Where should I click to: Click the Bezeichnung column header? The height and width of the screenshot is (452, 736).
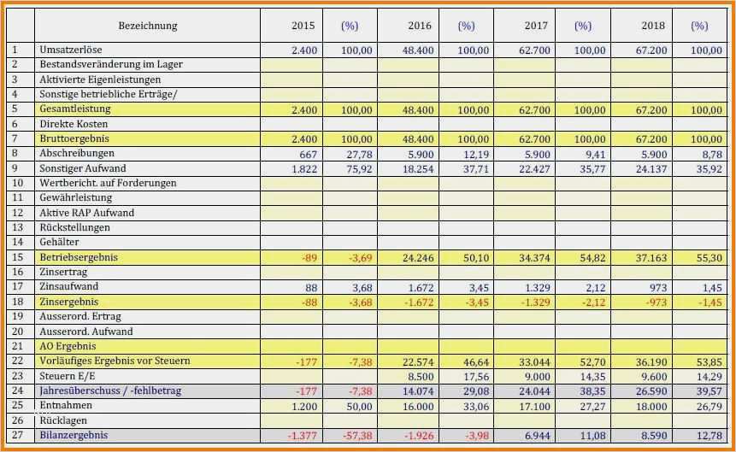148,26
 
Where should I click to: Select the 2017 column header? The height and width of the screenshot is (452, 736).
536,26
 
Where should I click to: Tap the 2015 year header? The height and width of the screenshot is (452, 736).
303,26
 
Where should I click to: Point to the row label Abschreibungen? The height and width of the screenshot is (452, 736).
77,153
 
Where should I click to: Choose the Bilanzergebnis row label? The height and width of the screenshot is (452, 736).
74,436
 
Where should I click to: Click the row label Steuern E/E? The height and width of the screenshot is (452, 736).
68,376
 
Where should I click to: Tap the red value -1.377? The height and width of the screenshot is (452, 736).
301,436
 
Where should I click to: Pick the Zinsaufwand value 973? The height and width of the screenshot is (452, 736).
654,287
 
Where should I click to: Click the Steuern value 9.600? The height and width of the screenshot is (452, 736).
651,376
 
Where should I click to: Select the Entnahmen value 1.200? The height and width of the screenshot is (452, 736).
303,406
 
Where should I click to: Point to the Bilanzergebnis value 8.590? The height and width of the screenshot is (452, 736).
651,436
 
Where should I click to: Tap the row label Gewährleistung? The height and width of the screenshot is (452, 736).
76,198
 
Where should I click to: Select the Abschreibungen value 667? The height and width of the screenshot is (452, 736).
309,154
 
